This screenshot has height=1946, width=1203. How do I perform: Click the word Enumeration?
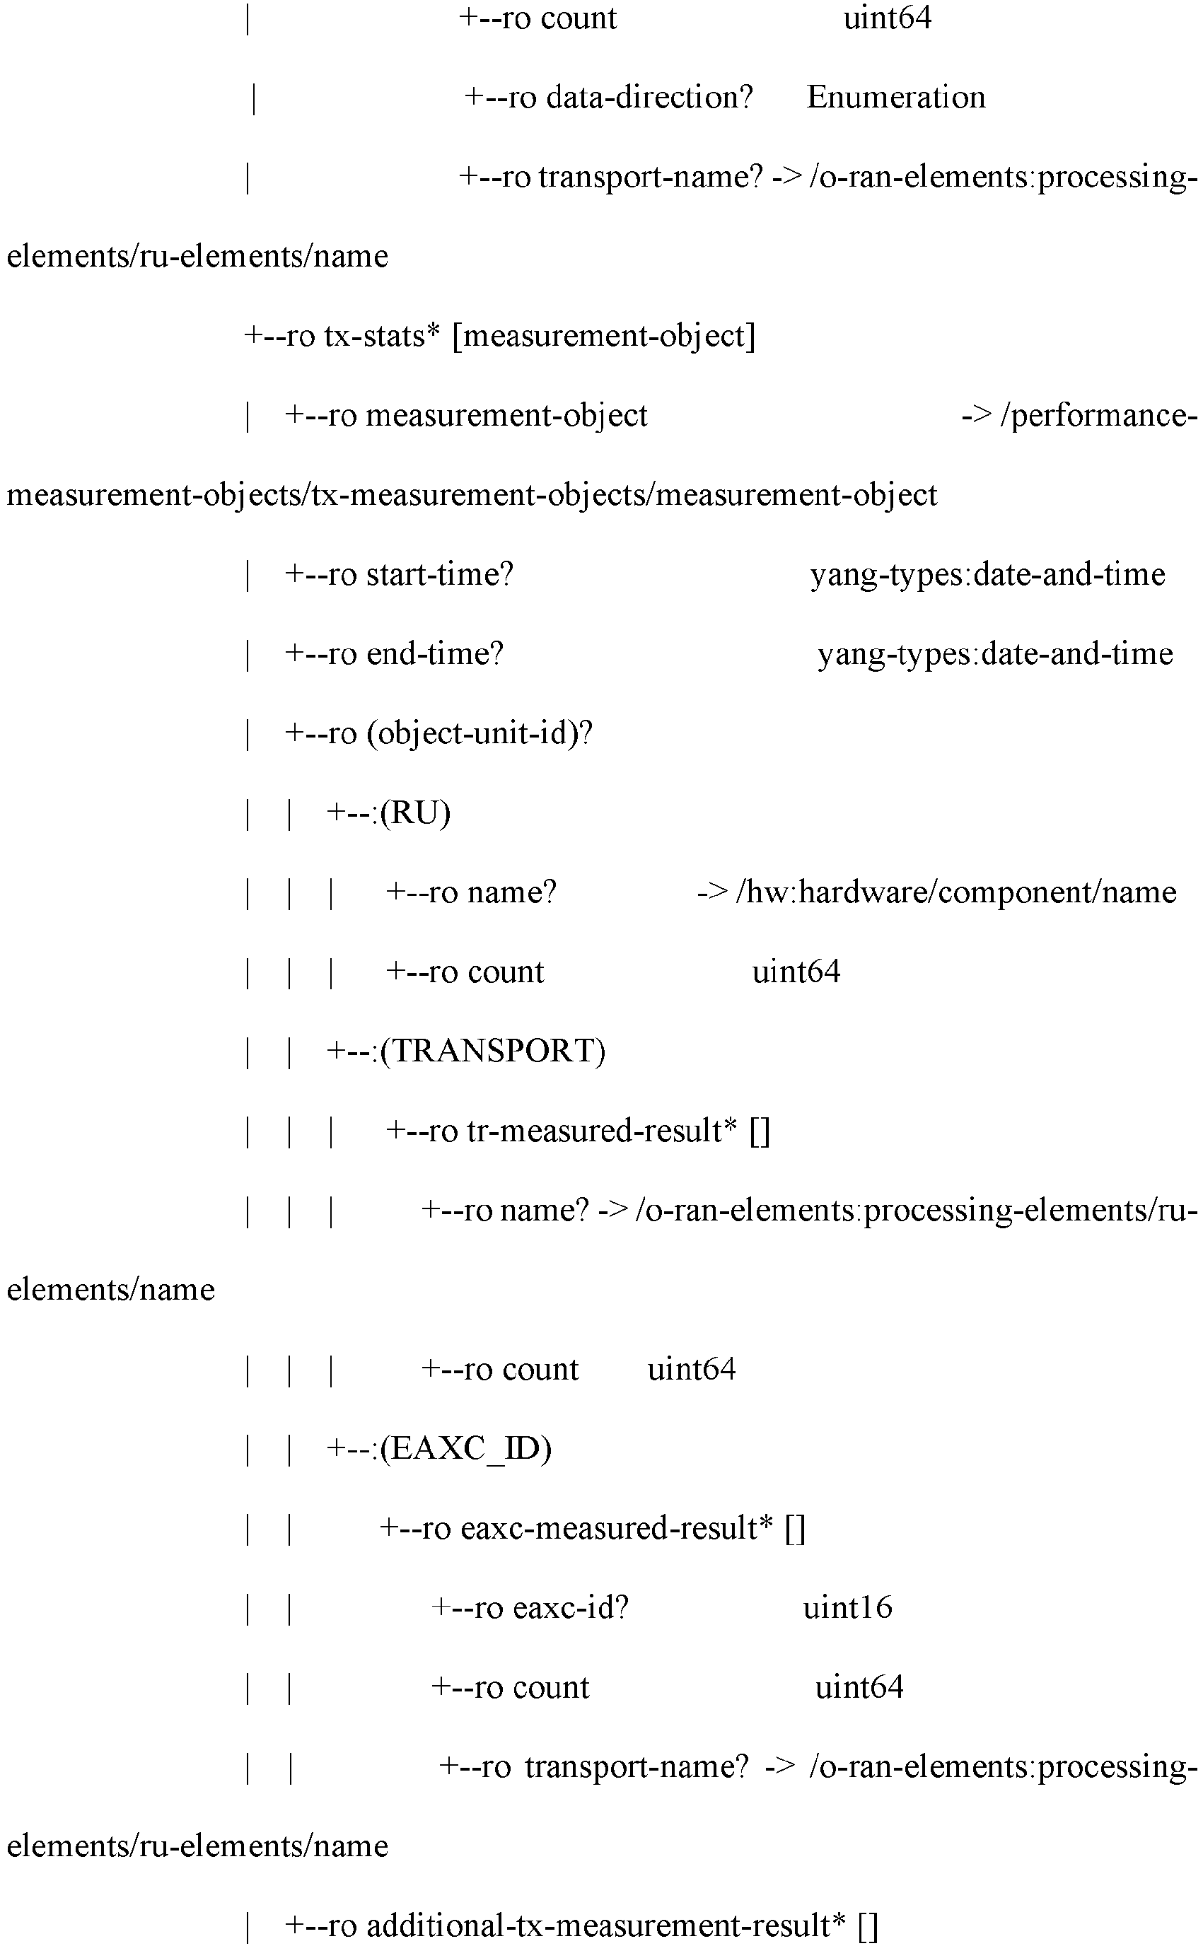(x=896, y=97)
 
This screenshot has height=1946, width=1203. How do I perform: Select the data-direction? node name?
(x=649, y=97)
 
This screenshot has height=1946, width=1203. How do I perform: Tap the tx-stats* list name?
(x=382, y=336)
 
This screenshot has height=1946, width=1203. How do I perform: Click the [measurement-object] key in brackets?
(x=604, y=337)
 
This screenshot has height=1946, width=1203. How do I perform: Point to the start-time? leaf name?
(x=440, y=574)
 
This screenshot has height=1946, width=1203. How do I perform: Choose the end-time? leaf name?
(x=435, y=653)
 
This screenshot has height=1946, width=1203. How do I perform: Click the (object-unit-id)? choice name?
(x=480, y=733)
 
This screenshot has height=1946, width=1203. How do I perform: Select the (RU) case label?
(x=415, y=812)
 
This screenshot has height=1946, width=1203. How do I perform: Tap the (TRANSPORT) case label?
(x=492, y=1051)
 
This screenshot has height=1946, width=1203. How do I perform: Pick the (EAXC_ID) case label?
(x=465, y=1449)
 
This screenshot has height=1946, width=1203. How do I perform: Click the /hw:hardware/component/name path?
(x=956, y=892)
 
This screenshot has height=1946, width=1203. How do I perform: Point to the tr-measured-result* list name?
(x=601, y=1131)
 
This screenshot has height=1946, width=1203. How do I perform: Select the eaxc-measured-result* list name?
(x=617, y=1529)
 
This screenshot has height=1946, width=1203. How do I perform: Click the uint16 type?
(x=847, y=1608)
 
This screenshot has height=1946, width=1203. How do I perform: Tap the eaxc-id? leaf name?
(x=571, y=1608)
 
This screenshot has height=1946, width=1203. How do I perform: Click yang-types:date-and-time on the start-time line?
(x=988, y=574)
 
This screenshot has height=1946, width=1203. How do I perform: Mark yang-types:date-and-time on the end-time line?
(x=995, y=653)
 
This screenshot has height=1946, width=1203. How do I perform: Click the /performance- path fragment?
(x=1099, y=415)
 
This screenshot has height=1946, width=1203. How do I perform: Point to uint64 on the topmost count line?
(x=887, y=18)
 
